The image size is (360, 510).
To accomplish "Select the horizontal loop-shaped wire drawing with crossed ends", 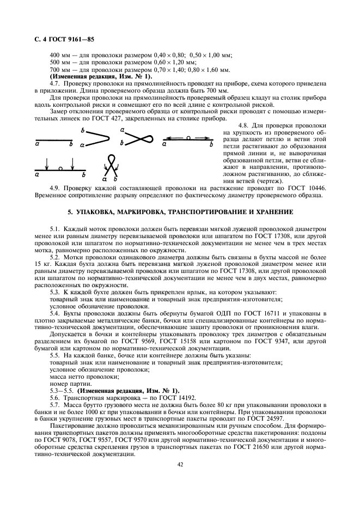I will tap(136, 139).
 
